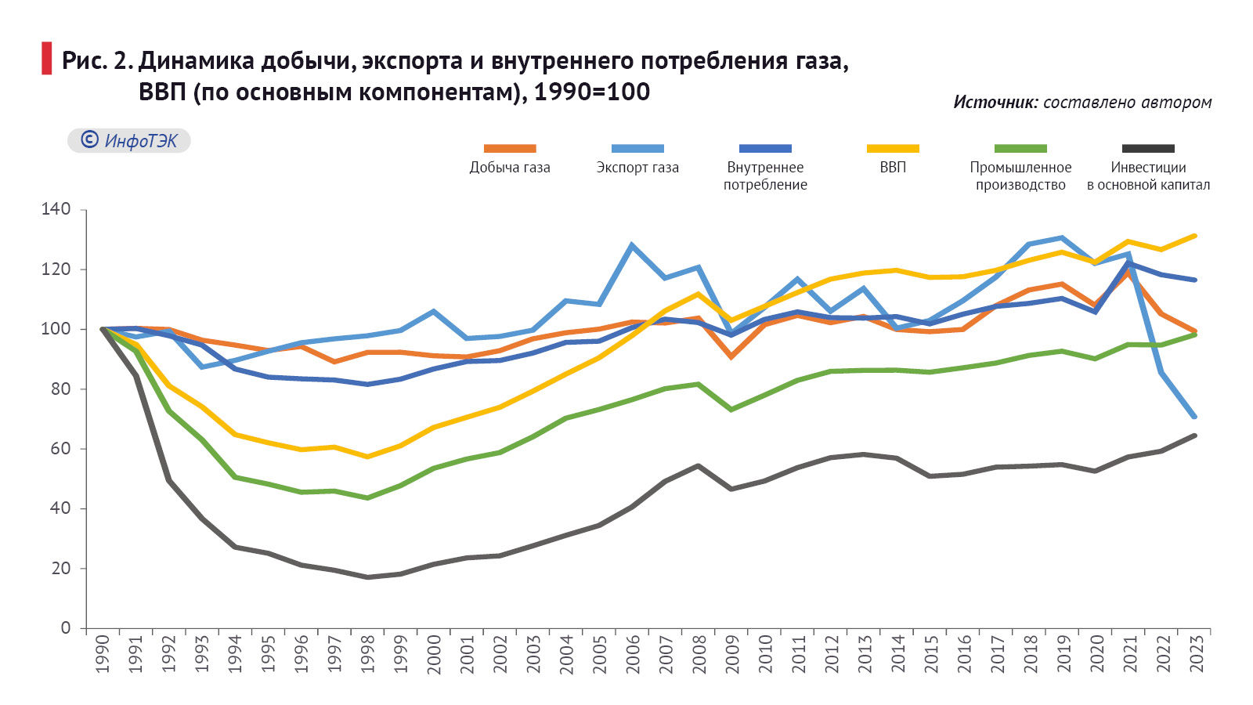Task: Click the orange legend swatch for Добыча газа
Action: (510, 148)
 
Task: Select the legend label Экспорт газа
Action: (637, 168)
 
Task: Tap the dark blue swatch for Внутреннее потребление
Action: (765, 148)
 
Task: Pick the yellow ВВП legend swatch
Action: (893, 148)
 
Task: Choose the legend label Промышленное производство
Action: (1020, 176)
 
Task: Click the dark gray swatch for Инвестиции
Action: (1148, 148)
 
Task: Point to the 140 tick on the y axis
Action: (56, 209)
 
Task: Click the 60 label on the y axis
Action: (60, 449)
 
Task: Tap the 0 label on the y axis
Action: (66, 628)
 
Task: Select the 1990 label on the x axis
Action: (103, 653)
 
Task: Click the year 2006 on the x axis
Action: (633, 653)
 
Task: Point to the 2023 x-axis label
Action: (1197, 653)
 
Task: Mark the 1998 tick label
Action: (368, 653)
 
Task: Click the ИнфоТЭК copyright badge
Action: (129, 140)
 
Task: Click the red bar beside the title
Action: (47, 59)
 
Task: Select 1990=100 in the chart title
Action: (592, 92)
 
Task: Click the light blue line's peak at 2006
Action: (632, 245)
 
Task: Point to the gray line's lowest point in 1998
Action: (367, 577)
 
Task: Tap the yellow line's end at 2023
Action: (1195, 236)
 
